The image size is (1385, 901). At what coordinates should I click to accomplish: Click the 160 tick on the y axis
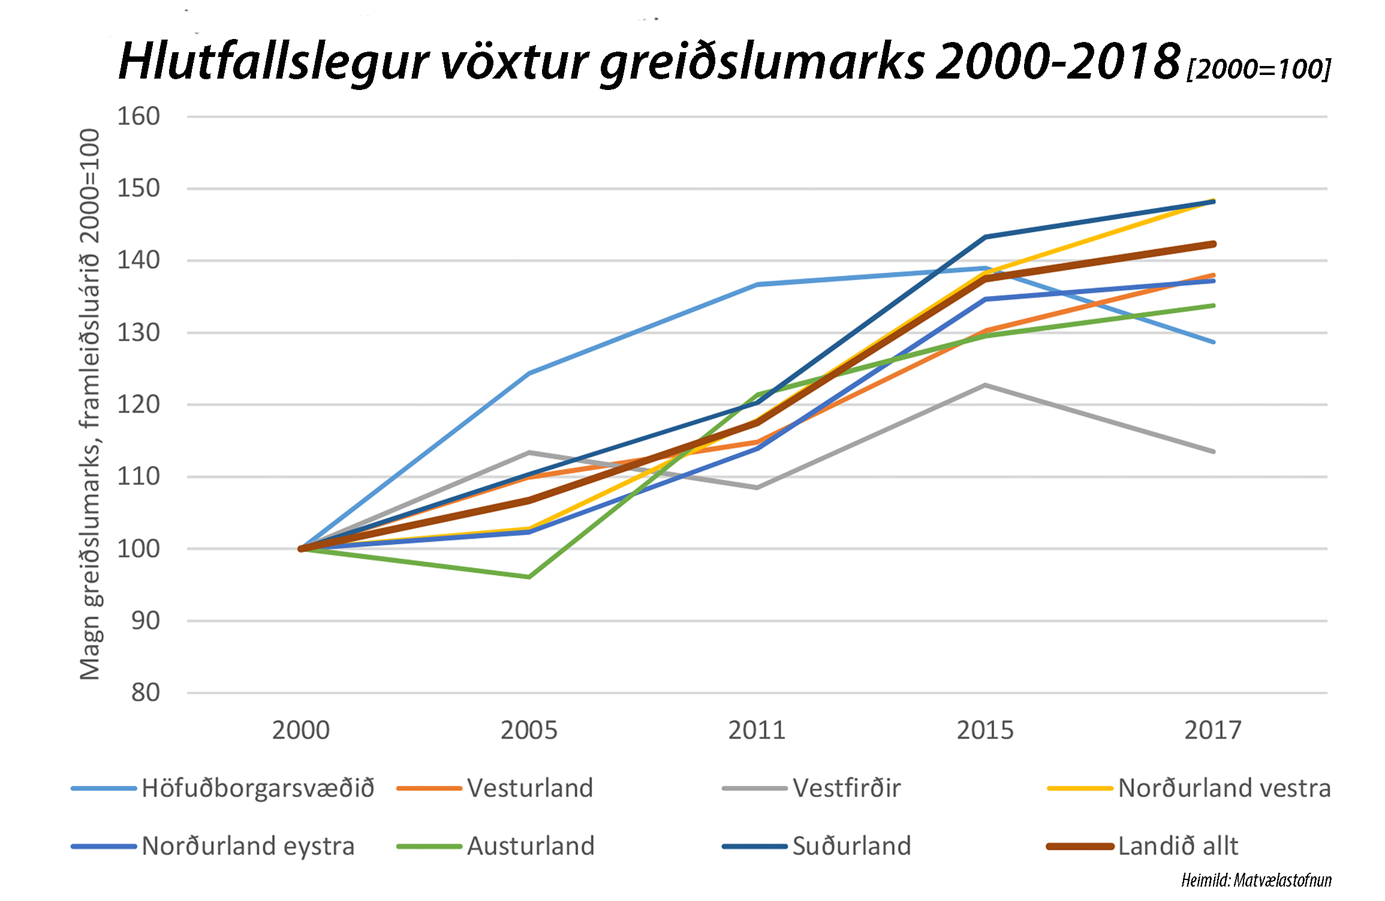pos(138,116)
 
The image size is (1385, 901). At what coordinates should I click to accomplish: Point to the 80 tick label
pos(146,693)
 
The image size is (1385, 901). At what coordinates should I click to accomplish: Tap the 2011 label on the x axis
pos(757,731)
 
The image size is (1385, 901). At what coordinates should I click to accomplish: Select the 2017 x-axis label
pos(1213,731)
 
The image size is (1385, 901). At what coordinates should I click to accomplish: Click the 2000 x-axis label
pos(301,731)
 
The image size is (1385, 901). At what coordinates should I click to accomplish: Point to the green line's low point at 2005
pos(529,577)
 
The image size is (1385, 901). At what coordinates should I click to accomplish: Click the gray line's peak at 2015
pos(985,385)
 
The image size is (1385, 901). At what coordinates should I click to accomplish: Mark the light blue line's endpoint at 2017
pos(1214,343)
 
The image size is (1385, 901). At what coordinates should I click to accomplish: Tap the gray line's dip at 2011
pos(757,488)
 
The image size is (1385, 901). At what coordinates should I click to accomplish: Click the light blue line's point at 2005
pos(529,373)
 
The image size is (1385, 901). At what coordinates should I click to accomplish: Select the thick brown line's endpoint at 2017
pos(1214,244)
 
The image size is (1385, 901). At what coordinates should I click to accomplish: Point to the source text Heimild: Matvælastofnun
pos(1256,881)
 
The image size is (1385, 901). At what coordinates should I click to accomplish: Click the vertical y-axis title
pos(89,404)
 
